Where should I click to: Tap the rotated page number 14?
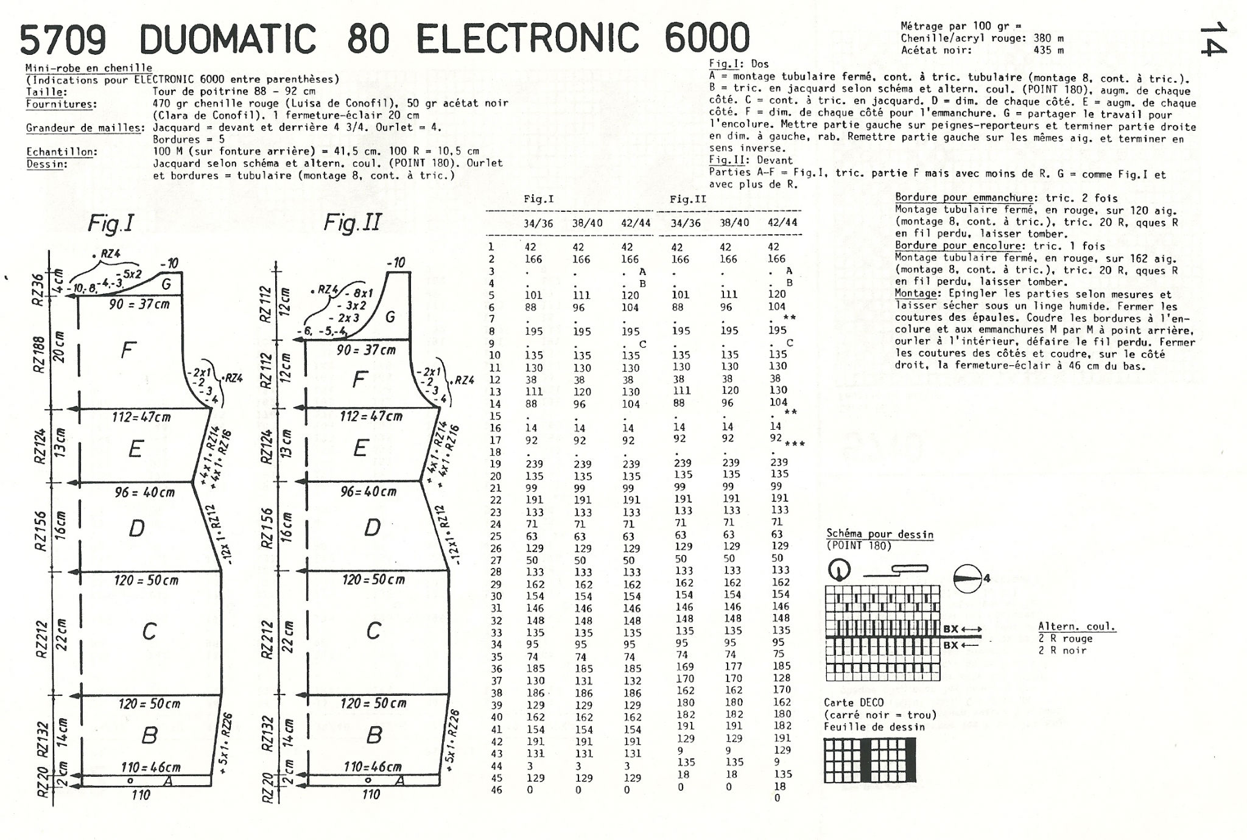pyautogui.click(x=1213, y=38)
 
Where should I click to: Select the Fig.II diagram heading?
pyautogui.click(x=352, y=223)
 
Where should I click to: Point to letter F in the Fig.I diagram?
pyautogui.click(x=128, y=350)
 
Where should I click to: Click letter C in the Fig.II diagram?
pyautogui.click(x=373, y=631)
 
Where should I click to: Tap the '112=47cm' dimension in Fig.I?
pyautogui.click(x=141, y=418)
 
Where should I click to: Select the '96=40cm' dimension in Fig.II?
pyautogui.click(x=368, y=491)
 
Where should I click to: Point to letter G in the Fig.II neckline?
pyautogui.click(x=390, y=317)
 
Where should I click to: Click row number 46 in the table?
pyautogui.click(x=496, y=790)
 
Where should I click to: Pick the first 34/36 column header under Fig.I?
pyautogui.click(x=538, y=223)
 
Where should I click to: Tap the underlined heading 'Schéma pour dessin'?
pyautogui.click(x=879, y=534)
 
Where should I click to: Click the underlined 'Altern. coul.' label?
pyautogui.click(x=1077, y=626)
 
